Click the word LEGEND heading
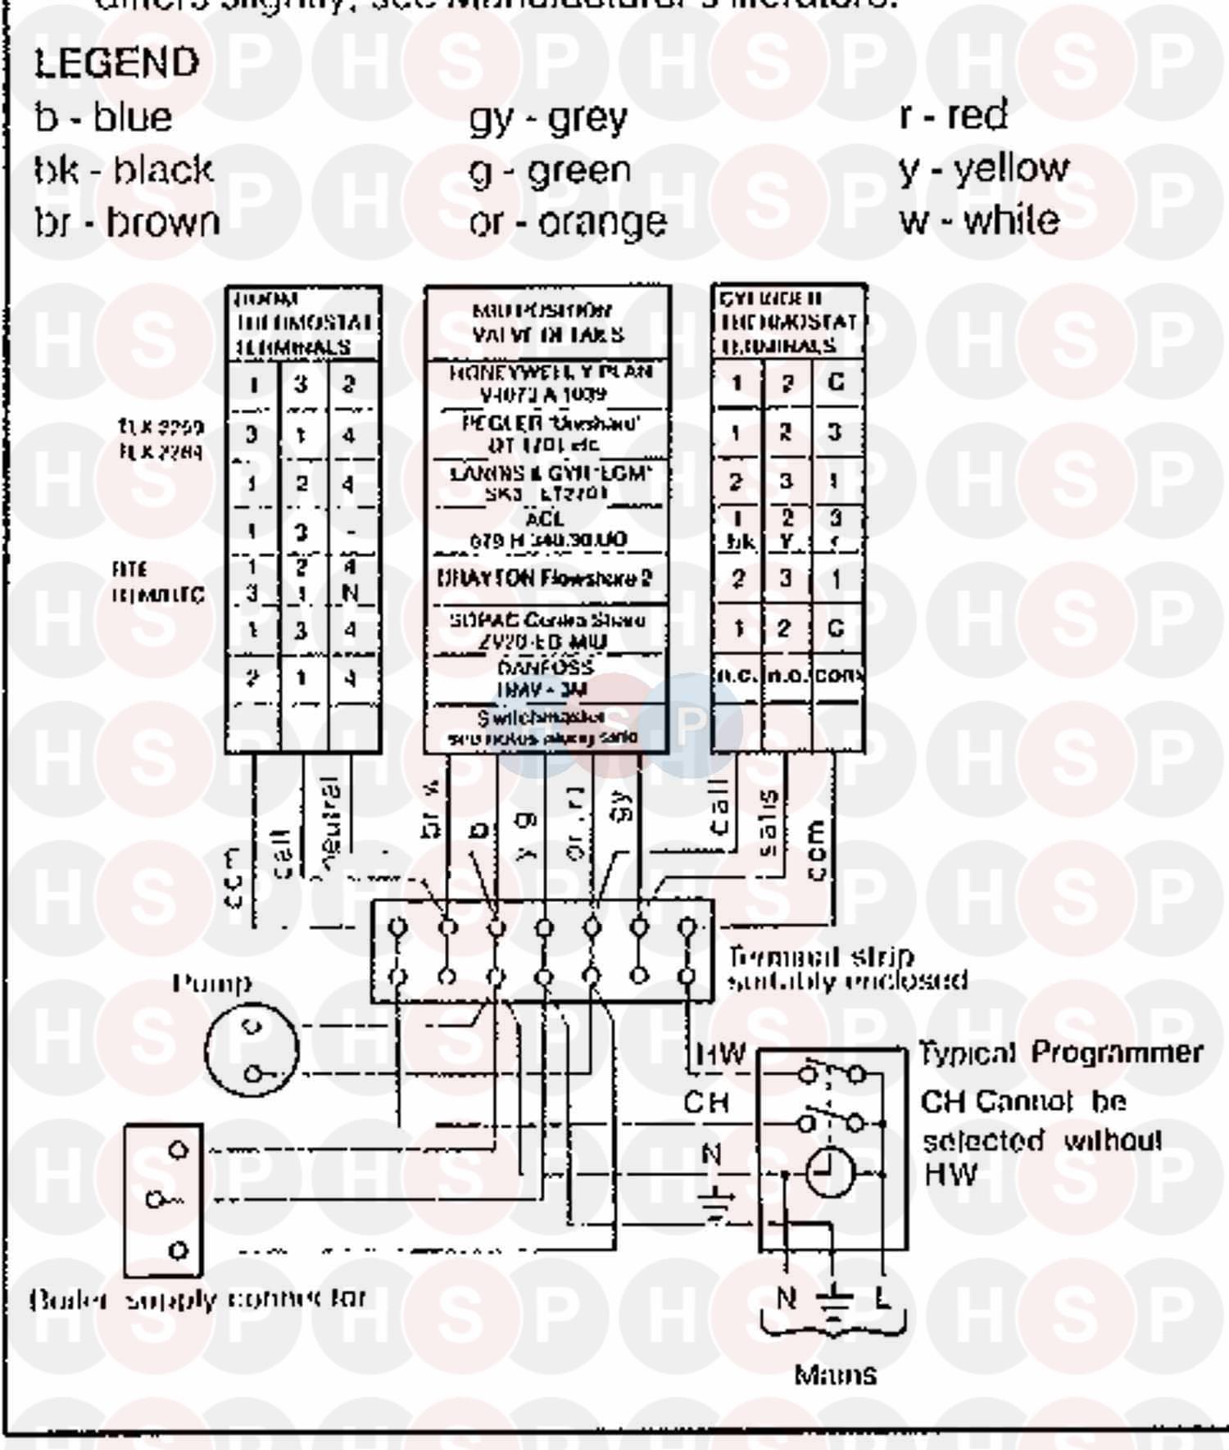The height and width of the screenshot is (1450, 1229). pyautogui.click(x=116, y=63)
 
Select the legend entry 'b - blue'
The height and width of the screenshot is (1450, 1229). pyautogui.click(x=103, y=117)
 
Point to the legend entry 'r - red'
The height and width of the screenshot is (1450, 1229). pyautogui.click(x=953, y=115)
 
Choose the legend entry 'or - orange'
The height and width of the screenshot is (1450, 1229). pyautogui.click(x=568, y=222)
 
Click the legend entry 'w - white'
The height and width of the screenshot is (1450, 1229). pyautogui.click(x=979, y=220)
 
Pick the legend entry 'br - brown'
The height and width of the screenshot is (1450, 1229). pyautogui.click(x=127, y=222)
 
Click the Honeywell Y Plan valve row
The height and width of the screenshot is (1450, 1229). pyautogui.click(x=548, y=383)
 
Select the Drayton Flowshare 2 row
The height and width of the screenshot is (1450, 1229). pyautogui.click(x=545, y=578)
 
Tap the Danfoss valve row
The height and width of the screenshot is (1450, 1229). pyautogui.click(x=545, y=678)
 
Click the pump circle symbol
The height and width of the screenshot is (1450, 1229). pyautogui.click(x=251, y=1049)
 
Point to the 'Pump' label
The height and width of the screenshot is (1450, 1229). pyautogui.click(x=212, y=983)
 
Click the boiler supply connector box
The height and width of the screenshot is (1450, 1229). pyautogui.click(x=164, y=1199)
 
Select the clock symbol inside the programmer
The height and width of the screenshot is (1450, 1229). pyautogui.click(x=830, y=1173)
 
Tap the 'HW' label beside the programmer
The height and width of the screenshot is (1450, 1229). pyautogui.click(x=720, y=1054)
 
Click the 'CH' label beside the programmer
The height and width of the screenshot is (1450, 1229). pyautogui.click(x=706, y=1103)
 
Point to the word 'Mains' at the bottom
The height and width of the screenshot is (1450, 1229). pyautogui.click(x=835, y=1374)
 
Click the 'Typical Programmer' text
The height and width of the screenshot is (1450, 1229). pyautogui.click(x=1061, y=1053)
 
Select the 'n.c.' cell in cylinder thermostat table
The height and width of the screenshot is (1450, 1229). pyautogui.click(x=737, y=675)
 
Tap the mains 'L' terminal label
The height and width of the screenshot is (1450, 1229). pyautogui.click(x=882, y=1298)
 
